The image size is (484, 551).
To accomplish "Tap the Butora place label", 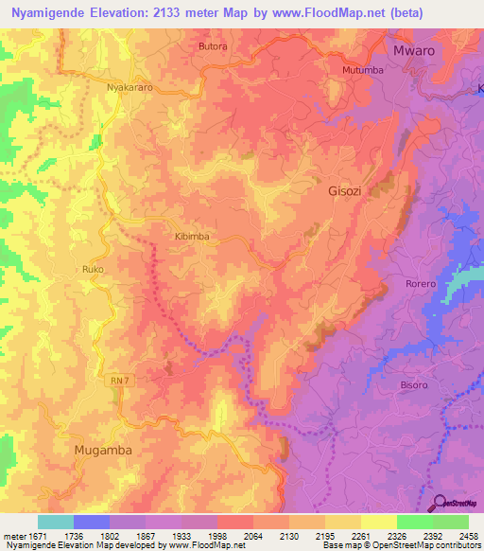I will (x=214, y=44).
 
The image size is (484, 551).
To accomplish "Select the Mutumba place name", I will (x=363, y=70).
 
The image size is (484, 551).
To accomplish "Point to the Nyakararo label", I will (x=130, y=86).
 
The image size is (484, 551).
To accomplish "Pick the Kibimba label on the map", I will (x=191, y=237).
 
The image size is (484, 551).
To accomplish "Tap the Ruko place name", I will (x=92, y=270).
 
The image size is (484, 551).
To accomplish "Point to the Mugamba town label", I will (x=103, y=451).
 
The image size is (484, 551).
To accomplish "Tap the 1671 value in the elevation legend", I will (x=27, y=535).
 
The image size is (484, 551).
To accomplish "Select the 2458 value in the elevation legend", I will (x=467, y=535).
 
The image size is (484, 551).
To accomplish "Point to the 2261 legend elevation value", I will (x=344, y=535).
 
